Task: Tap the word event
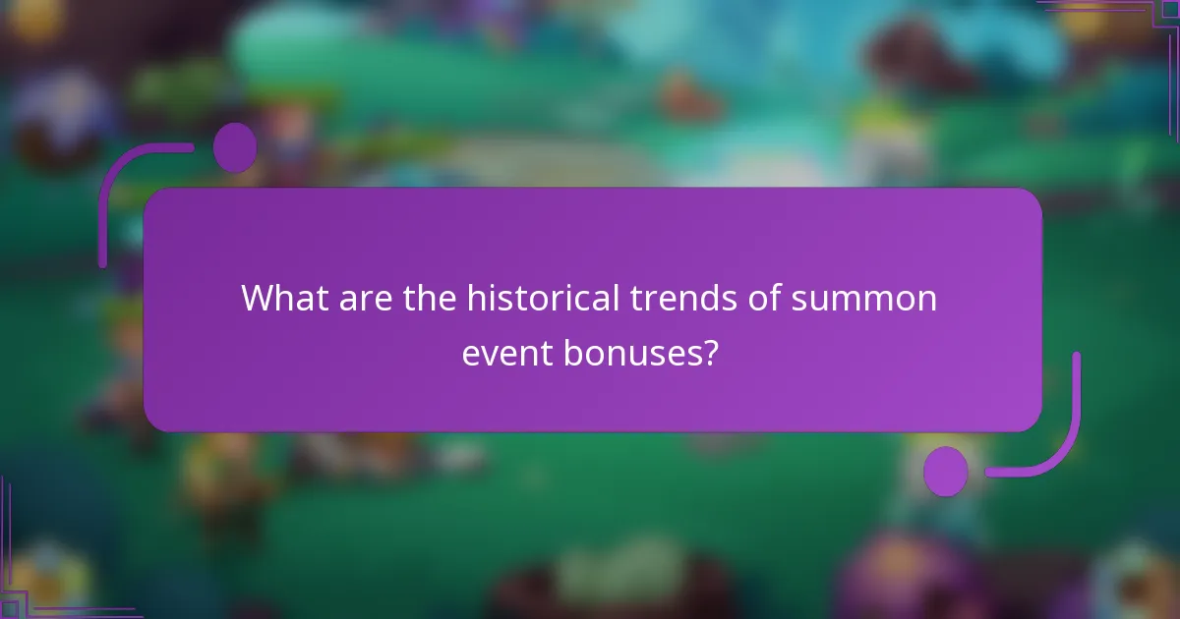507,352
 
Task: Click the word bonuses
632,352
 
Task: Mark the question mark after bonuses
709,352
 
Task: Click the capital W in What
259,297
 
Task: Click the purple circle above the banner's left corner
235,147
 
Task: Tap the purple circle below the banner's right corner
946,471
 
